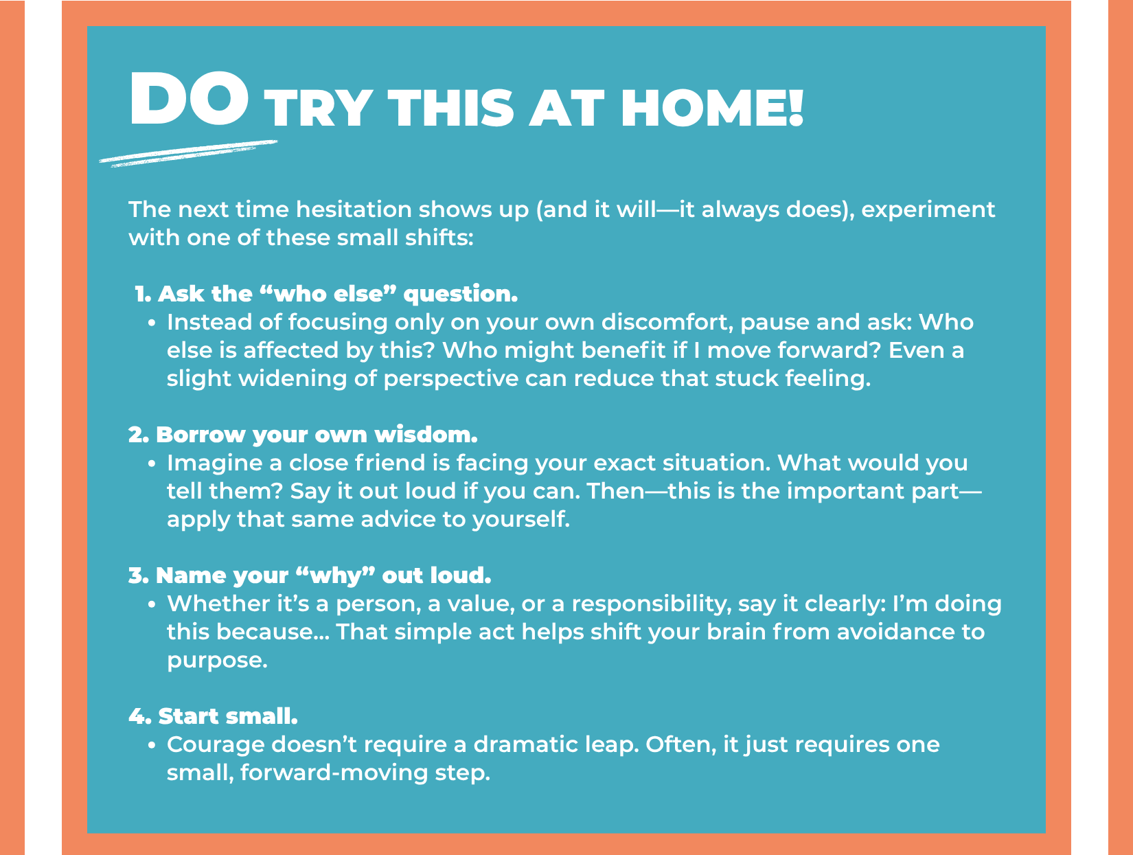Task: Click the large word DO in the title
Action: tap(189, 98)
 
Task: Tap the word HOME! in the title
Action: tap(712, 108)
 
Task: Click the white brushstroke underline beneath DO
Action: tap(188, 153)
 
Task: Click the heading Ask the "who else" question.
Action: tap(326, 294)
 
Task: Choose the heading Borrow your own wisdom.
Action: tap(303, 435)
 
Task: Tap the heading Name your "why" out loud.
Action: tap(310, 576)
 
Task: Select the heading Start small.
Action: tap(213, 716)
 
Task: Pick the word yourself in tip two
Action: tap(521, 520)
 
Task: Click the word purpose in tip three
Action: tap(217, 661)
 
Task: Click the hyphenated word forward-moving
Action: tap(334, 773)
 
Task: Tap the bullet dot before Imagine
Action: tap(151, 464)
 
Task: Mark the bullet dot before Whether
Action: tap(151, 604)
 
